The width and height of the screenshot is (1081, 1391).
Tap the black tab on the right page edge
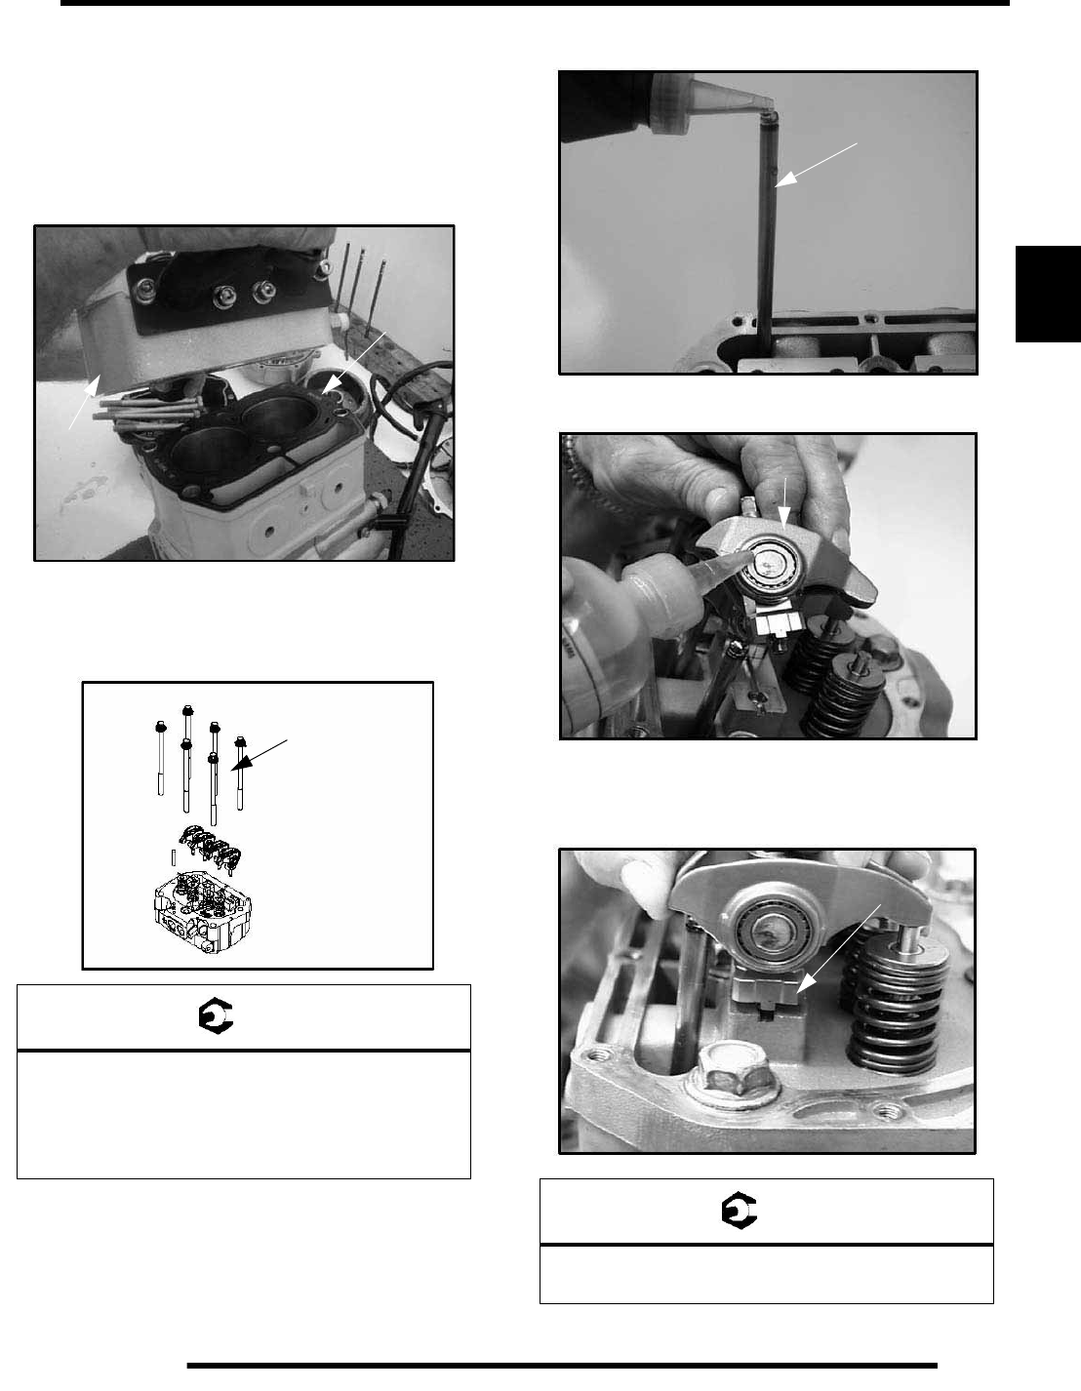[x=1047, y=294]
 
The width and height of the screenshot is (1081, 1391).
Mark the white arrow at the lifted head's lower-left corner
[x=84, y=401]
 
